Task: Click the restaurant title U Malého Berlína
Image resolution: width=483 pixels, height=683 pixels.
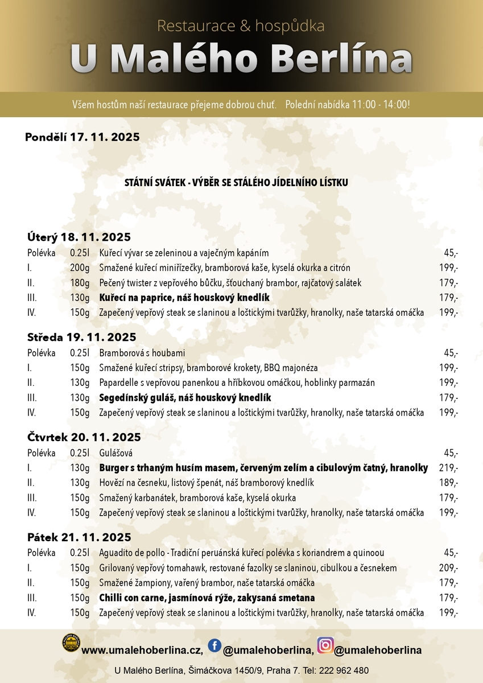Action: pyautogui.click(x=241, y=59)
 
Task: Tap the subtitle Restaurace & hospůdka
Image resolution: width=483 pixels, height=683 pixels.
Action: pyautogui.click(x=241, y=26)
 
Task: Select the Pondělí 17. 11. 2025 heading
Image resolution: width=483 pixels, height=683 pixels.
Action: pyautogui.click(x=82, y=137)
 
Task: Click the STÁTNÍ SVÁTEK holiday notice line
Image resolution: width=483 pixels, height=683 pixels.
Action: pyautogui.click(x=236, y=183)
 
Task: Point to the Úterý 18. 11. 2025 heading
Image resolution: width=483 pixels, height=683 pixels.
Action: pyautogui.click(x=79, y=237)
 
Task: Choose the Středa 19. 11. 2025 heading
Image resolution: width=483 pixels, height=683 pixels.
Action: pyautogui.click(x=82, y=337)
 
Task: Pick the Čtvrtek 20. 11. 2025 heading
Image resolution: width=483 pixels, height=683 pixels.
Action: pyautogui.click(x=84, y=437)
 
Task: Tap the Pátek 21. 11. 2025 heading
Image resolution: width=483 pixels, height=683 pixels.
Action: pyautogui.click(x=79, y=537)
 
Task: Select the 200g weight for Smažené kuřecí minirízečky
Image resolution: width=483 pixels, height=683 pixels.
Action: pyautogui.click(x=80, y=268)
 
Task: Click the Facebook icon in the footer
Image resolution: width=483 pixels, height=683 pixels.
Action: pyautogui.click(x=214, y=645)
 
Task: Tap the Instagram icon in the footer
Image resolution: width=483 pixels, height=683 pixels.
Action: pyautogui.click(x=325, y=645)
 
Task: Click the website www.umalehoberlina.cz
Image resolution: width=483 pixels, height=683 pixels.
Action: pyautogui.click(x=142, y=650)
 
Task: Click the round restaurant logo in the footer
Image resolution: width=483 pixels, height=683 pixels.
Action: pyautogui.click(x=71, y=643)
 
